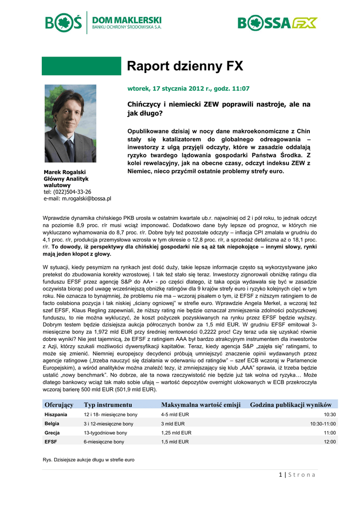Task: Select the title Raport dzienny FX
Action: (x=185, y=66)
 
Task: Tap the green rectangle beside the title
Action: (x=81, y=66)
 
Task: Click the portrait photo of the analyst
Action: (x=71, y=124)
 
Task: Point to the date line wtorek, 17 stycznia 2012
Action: (x=189, y=89)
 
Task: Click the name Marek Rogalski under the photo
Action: (x=65, y=172)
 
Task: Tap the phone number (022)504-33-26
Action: (x=74, y=191)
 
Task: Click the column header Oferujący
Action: (x=59, y=405)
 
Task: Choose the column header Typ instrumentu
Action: (x=108, y=405)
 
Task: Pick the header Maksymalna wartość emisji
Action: (x=201, y=405)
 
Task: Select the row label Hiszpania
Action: (x=56, y=414)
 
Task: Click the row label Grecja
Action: (x=52, y=433)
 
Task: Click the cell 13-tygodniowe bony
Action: (x=105, y=433)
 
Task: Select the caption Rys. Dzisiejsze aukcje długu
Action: (x=89, y=460)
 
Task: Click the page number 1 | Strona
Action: (x=297, y=475)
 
